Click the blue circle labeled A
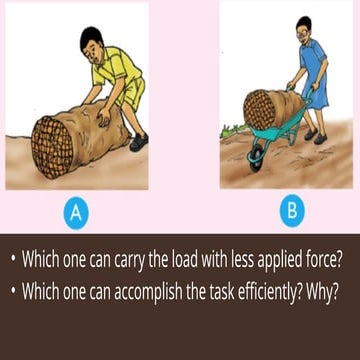click(x=76, y=213)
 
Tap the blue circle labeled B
click(x=292, y=211)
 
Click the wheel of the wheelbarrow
click(x=257, y=158)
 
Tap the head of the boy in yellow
click(x=92, y=41)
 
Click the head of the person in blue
click(x=304, y=29)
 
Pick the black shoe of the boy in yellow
click(x=138, y=142)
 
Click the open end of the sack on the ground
click(x=52, y=148)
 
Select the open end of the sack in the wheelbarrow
click(x=260, y=110)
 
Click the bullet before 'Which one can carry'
click(x=13, y=259)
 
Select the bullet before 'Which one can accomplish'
click(x=13, y=289)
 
